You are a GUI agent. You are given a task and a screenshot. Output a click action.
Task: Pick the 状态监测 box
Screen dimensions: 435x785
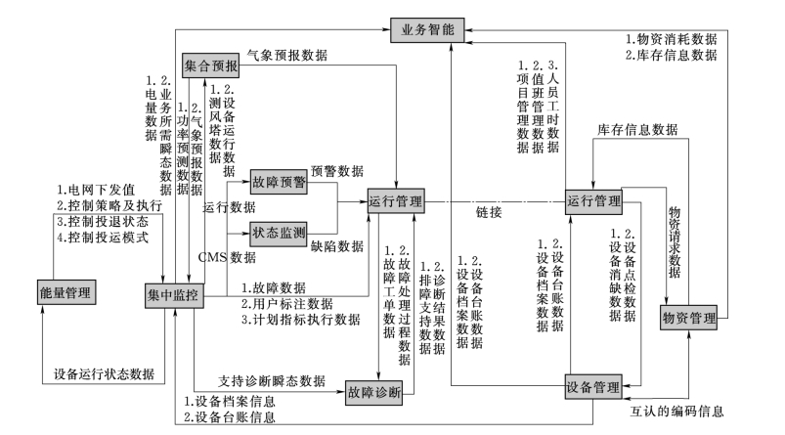point(279,233)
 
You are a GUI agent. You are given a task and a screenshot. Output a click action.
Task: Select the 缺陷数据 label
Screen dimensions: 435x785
point(337,248)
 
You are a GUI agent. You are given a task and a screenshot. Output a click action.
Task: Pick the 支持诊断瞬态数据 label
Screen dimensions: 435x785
point(272,379)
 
